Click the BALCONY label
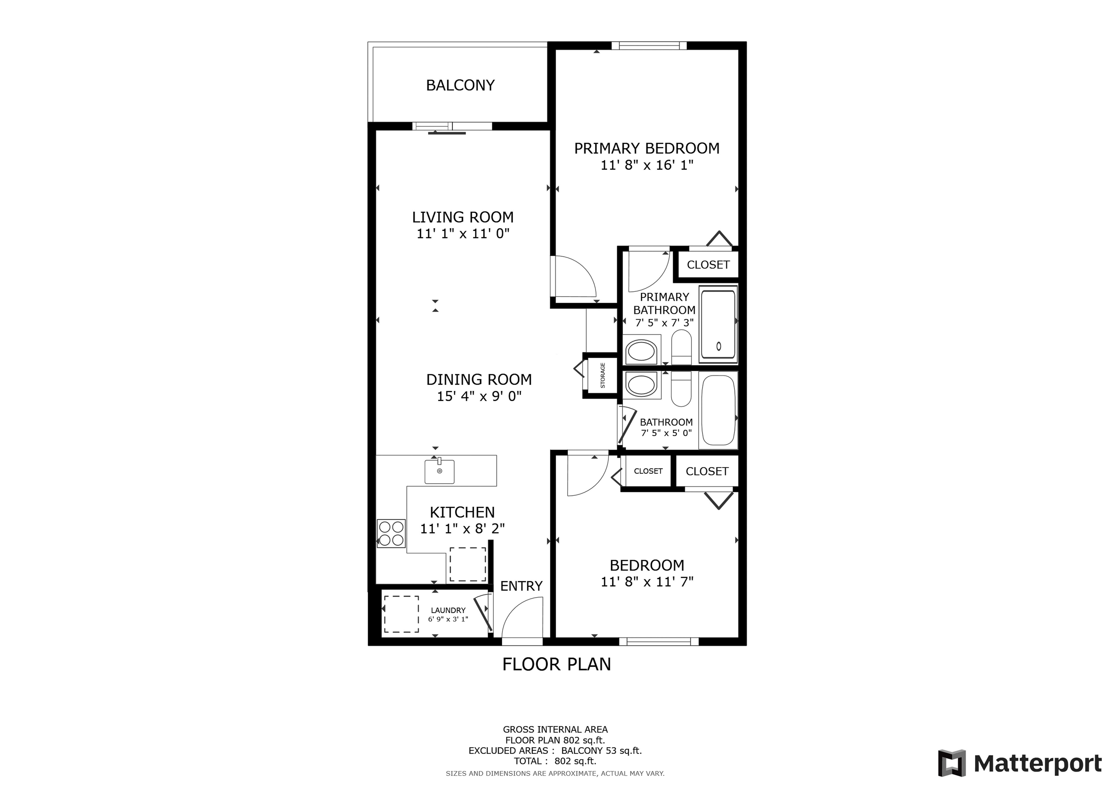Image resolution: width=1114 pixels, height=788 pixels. (x=460, y=86)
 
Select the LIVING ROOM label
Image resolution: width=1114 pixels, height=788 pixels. (x=462, y=217)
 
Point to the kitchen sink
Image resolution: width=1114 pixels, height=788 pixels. (x=439, y=471)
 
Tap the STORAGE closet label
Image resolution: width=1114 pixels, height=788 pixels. (x=603, y=375)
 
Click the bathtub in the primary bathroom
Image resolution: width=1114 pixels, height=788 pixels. (x=718, y=324)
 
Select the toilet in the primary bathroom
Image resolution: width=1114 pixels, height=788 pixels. (x=681, y=347)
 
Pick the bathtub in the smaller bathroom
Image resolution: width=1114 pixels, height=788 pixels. (x=718, y=410)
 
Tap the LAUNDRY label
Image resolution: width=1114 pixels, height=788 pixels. (x=448, y=610)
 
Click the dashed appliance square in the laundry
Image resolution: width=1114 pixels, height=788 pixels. (x=401, y=614)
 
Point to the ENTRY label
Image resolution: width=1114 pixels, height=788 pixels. (x=521, y=586)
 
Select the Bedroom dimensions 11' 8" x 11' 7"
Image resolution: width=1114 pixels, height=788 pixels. (x=647, y=582)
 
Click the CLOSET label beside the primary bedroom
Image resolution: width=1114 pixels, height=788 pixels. (x=708, y=264)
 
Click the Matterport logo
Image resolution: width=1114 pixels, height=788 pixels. (x=1019, y=763)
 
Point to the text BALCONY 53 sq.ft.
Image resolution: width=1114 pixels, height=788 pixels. (x=601, y=751)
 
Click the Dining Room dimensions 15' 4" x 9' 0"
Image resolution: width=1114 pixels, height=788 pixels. (x=479, y=397)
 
